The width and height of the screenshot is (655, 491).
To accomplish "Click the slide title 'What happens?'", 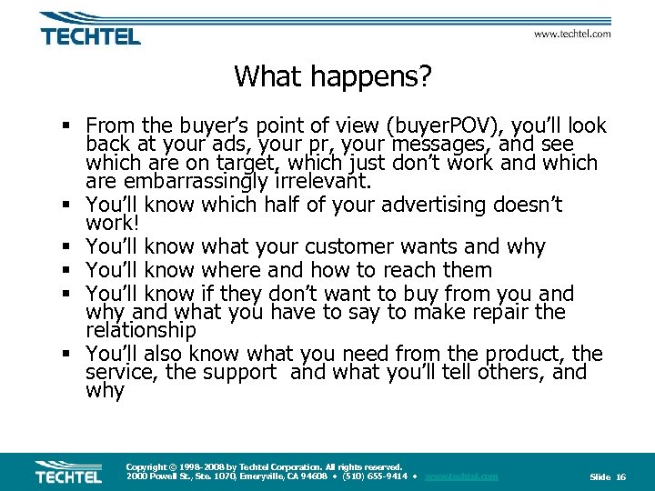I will coord(332,76).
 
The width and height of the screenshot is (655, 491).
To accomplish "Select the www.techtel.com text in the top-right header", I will coord(571,34).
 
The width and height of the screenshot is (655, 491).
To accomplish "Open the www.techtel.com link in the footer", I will coord(461,476).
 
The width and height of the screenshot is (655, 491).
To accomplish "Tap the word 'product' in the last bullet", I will coord(519,354).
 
